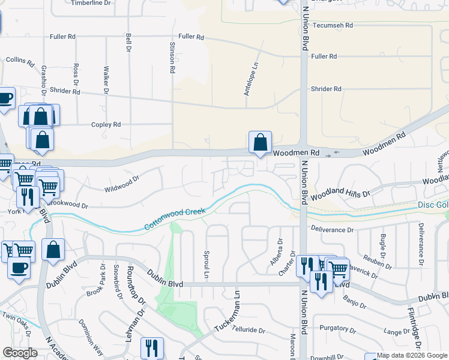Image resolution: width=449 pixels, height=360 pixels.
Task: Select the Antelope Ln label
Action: tap(251, 80)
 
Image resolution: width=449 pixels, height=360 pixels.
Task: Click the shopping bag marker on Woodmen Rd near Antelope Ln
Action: tap(260, 143)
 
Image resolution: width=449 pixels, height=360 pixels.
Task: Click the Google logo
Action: tap(20, 353)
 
